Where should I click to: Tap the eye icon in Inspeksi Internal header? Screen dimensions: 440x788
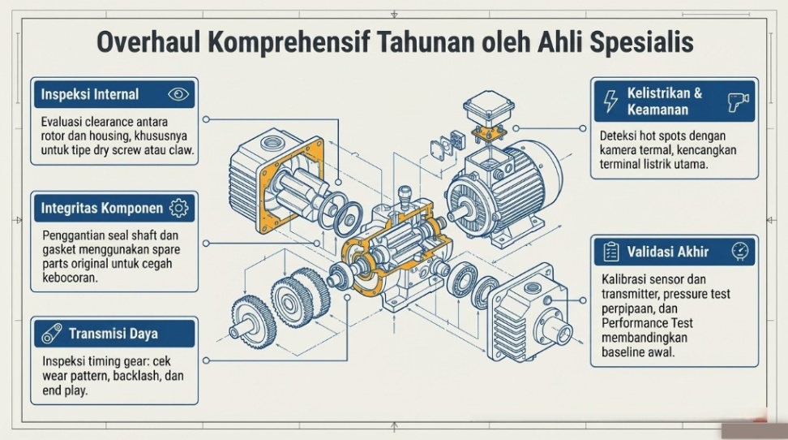178,94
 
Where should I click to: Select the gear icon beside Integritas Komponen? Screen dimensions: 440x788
178,209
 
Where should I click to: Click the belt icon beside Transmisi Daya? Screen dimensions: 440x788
52,334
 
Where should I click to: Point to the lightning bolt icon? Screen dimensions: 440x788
610,101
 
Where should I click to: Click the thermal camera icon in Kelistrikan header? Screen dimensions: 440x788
737,101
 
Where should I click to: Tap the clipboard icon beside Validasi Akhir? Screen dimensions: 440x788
610,252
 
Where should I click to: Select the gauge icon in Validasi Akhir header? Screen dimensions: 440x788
739,252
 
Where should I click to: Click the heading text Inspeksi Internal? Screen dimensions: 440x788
90,94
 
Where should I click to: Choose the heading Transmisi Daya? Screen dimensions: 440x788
113,334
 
